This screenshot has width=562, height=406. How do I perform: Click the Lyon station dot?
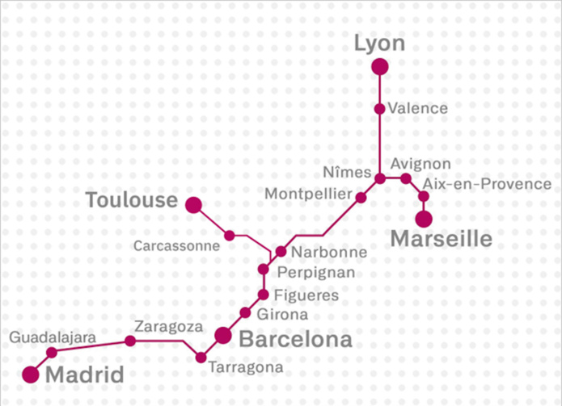[x=380, y=66]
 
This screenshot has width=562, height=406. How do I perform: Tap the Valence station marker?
[x=380, y=108]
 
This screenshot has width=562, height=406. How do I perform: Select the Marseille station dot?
[x=423, y=219]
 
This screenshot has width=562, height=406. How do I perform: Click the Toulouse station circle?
[x=193, y=205]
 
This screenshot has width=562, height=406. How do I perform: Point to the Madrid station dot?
[x=31, y=374]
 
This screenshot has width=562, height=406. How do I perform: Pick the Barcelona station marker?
[x=224, y=335]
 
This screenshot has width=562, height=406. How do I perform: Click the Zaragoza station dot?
[x=130, y=341]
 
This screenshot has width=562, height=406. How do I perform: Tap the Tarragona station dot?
[x=201, y=357]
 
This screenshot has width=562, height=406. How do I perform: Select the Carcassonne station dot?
[x=230, y=236]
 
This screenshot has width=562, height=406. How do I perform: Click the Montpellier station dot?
[x=361, y=197]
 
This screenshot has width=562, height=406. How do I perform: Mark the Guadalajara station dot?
[x=52, y=352]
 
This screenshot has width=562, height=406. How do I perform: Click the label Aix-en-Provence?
[x=487, y=185]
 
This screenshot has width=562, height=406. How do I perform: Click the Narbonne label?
[x=329, y=252]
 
